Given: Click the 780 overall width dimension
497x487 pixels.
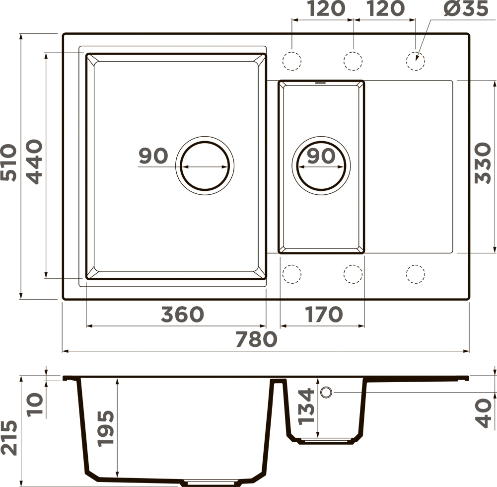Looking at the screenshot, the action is [x=256, y=338].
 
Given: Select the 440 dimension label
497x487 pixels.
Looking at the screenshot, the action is [x=34, y=162].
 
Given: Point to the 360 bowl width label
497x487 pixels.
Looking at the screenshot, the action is [x=183, y=314].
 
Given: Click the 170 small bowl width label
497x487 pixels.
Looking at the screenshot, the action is [x=324, y=314].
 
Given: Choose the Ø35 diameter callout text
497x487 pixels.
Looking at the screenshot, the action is [x=466, y=8].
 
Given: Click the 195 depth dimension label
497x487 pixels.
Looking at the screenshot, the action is [x=106, y=429].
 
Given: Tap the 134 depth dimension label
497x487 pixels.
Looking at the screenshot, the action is [x=306, y=407].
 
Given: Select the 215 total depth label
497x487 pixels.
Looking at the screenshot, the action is [x=8, y=438].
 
